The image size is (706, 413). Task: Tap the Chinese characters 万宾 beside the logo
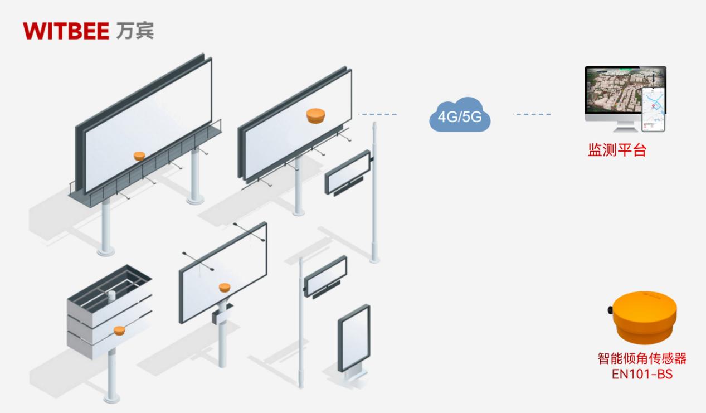click(135, 32)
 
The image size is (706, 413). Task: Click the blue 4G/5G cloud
click(460, 117)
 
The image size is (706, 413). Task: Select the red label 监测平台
click(617, 150)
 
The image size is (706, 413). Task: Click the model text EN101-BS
click(641, 373)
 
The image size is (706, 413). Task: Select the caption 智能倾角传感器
click(642, 358)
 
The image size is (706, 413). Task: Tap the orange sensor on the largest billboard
click(139, 156)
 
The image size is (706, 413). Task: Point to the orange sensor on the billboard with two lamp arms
click(224, 288)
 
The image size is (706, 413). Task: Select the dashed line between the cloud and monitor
click(532, 115)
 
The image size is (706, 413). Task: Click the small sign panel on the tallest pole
click(348, 172)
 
